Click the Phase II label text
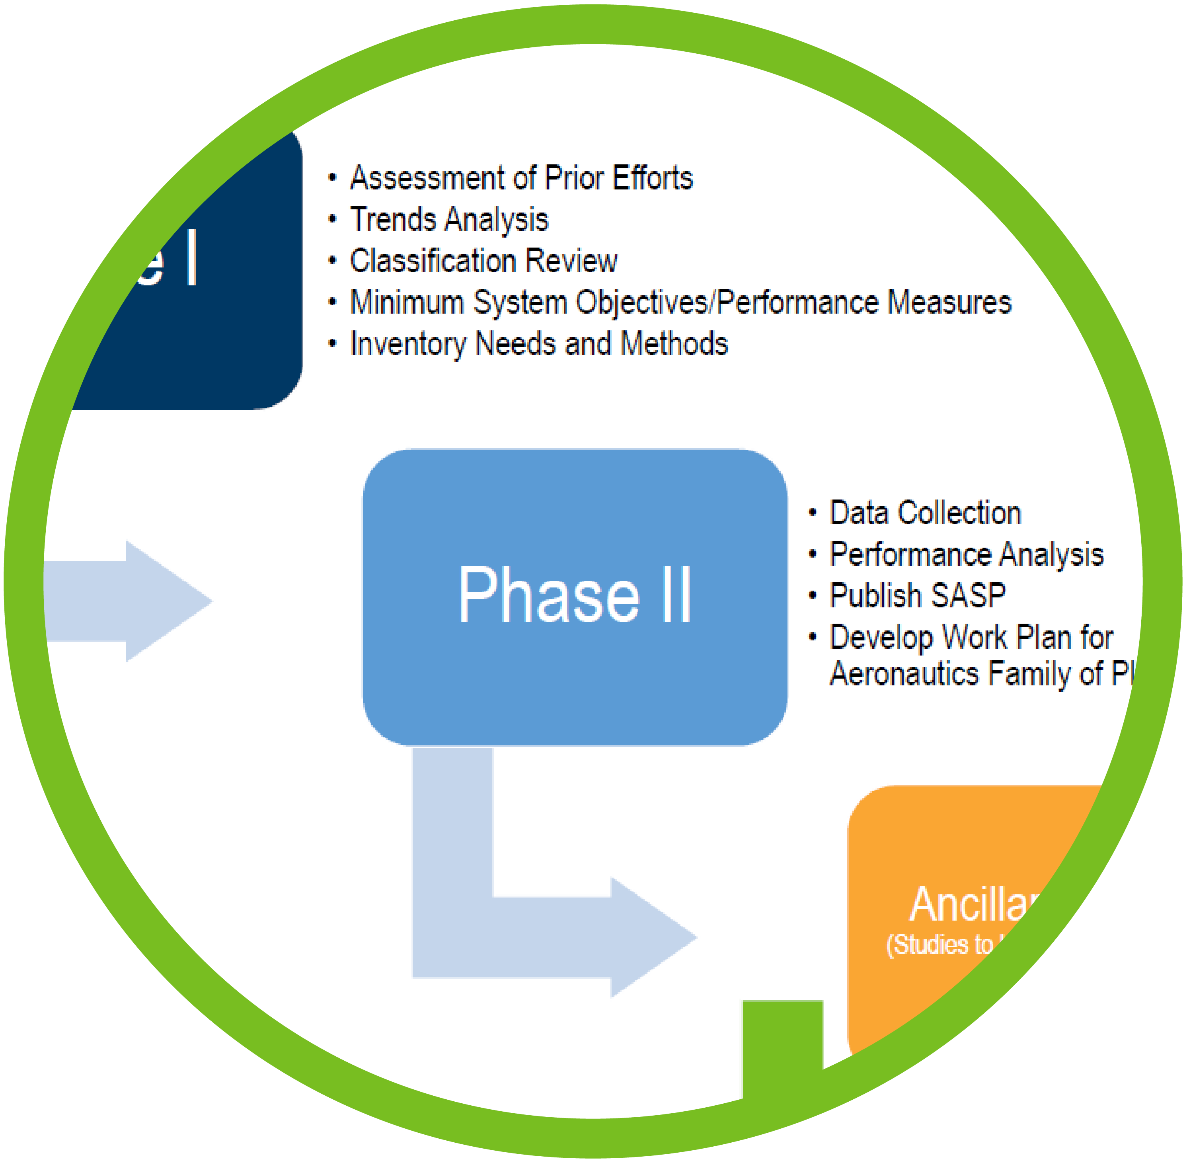[574, 595]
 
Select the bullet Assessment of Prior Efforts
[521, 178]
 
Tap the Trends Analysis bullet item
[449, 220]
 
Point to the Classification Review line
[483, 261]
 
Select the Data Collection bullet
[925, 513]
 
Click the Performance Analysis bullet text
[967, 554]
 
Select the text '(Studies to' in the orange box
[940, 944]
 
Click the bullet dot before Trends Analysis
[332, 220]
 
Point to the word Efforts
[653, 178]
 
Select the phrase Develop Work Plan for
[971, 637]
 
